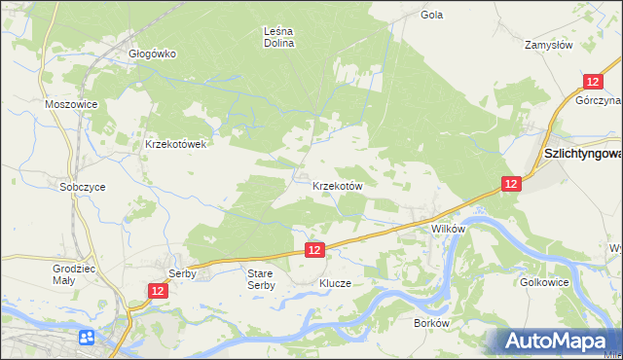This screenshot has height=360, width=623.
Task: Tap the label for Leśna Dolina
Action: pyautogui.click(x=279, y=37)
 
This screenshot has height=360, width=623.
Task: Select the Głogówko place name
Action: pyautogui.click(x=153, y=54)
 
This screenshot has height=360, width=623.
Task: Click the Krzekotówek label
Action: pyautogui.click(x=176, y=144)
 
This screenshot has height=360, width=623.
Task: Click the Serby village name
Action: pyautogui.click(x=183, y=274)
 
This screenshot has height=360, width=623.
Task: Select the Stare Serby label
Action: pyautogui.click(x=261, y=279)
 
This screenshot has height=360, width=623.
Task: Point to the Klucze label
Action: pyautogui.click(x=335, y=284)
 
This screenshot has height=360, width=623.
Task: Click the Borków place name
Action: pyautogui.click(x=430, y=323)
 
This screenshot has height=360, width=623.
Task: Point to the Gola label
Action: pyautogui.click(x=432, y=16)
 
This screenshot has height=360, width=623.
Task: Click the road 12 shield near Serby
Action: pyautogui.click(x=158, y=291)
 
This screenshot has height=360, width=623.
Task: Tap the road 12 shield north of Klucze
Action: pyautogui.click(x=313, y=250)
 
